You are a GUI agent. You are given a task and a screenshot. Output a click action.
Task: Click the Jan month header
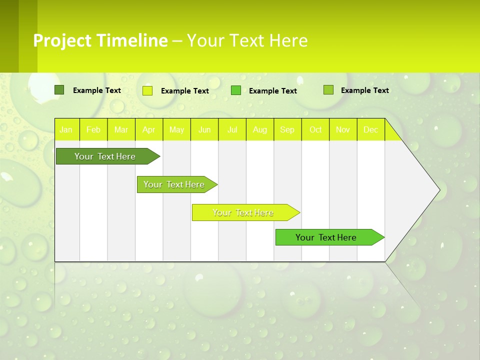tap(66, 129)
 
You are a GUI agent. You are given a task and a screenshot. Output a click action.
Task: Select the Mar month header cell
tap(121, 129)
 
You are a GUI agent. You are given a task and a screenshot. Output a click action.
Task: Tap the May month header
tap(176, 129)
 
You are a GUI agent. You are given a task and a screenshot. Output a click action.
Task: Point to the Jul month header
tap(232, 129)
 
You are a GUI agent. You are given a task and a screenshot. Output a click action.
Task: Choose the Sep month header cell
tap(287, 129)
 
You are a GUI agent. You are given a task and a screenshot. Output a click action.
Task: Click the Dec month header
tap(370, 129)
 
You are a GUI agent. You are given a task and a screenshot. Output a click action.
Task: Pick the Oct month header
tap(315, 129)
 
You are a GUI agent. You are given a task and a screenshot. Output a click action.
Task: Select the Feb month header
tap(93, 129)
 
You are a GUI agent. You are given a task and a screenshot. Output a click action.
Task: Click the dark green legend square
tap(59, 90)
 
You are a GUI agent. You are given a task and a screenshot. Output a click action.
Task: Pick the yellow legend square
tap(147, 90)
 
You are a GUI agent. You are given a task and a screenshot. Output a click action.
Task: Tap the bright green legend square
tap(236, 90)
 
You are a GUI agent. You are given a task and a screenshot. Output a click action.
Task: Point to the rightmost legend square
tap(328, 90)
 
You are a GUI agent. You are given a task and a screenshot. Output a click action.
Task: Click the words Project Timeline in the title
tap(100, 40)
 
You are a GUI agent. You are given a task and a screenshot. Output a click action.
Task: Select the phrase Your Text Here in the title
tap(247, 40)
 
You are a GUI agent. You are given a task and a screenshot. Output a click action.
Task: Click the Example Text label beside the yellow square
tap(184, 91)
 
